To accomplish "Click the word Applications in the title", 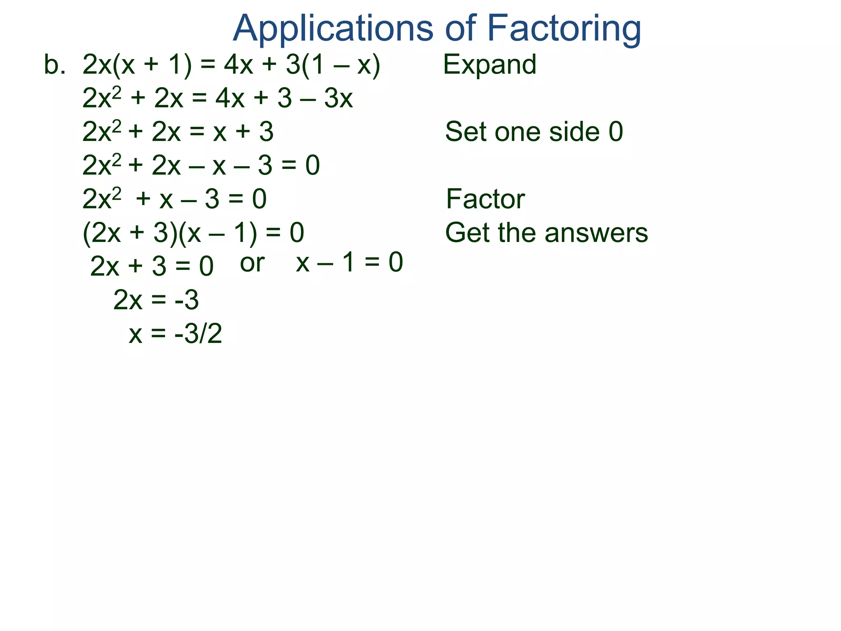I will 333,29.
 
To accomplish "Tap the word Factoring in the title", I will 564,29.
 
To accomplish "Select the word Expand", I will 489,65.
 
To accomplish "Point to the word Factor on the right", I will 485,199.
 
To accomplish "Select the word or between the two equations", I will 252,263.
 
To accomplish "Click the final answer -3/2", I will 198,334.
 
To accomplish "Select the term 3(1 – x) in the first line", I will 333,65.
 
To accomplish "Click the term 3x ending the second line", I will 338,99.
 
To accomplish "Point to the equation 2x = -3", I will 156,300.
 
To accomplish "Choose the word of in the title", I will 460,29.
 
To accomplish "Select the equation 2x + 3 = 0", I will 152,266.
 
